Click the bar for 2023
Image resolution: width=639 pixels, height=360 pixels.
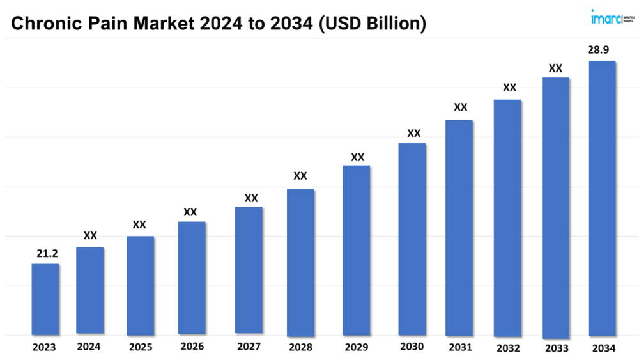click(x=45, y=299)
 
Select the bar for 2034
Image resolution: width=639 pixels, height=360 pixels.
click(x=601, y=198)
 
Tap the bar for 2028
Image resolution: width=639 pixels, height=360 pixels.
click(x=300, y=262)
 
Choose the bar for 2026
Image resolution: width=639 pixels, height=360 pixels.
click(x=192, y=278)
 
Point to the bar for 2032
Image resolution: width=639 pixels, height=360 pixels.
click(x=507, y=217)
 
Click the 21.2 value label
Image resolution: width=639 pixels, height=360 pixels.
click(x=45, y=254)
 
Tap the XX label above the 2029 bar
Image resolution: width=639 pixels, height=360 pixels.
click(x=357, y=157)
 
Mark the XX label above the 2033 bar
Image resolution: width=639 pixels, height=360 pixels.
click(x=555, y=68)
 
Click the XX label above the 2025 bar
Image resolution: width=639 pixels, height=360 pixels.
click(x=139, y=225)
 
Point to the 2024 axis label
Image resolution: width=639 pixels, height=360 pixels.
click(x=89, y=347)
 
